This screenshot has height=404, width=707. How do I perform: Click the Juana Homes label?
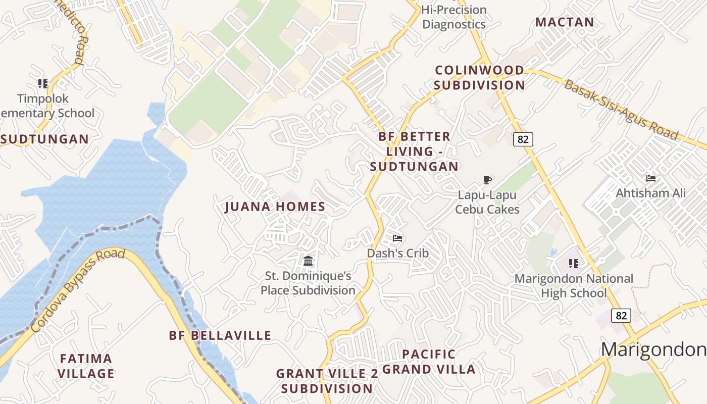pos(275,207)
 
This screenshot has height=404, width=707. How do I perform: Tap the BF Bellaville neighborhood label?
pos(220,335)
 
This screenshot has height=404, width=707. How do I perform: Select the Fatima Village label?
pos(86,366)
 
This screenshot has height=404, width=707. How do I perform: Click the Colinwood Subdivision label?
pos(479,78)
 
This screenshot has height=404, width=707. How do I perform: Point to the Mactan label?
pos(565,22)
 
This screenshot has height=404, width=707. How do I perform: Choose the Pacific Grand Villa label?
pos(429,362)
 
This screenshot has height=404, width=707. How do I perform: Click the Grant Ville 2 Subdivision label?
pos(327,381)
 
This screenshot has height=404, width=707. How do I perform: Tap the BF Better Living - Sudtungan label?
pos(414,151)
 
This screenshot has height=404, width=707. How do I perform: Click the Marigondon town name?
pos(653,349)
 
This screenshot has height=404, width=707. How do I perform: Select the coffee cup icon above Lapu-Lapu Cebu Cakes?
pos(487,180)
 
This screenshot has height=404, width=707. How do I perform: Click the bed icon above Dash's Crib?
pos(397,238)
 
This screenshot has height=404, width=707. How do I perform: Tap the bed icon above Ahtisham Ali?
pos(650,178)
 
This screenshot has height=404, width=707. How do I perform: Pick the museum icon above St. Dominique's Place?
pos(308,261)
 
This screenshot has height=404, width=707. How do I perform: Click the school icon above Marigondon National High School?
pos(573,264)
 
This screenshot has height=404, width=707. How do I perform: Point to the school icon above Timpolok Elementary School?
pos(43,84)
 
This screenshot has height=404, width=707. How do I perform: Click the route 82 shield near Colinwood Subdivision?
pos(523,139)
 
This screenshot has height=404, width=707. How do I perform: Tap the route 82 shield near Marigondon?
pos(621,316)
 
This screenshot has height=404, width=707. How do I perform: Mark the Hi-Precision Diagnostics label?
pos(454,17)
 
